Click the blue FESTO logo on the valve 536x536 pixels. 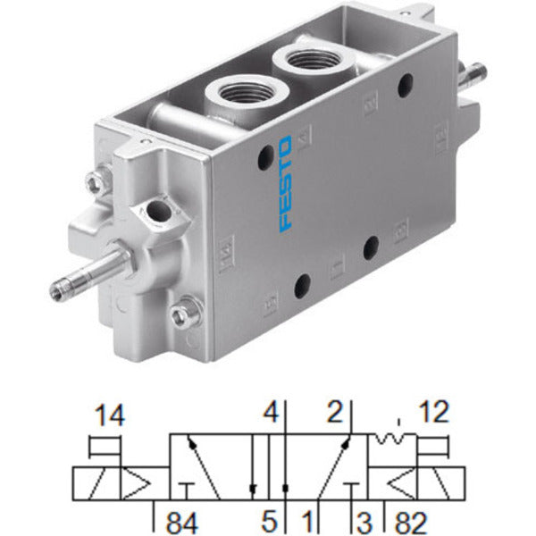[x=286, y=184]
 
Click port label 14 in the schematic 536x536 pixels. [x=110, y=415]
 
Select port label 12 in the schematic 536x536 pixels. [x=434, y=412]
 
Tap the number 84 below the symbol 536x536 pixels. [x=182, y=523]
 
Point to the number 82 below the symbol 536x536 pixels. [x=411, y=523]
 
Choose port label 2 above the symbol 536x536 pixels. [x=335, y=412]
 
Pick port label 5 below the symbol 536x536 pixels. [x=270, y=522]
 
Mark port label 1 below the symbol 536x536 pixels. [x=308, y=522]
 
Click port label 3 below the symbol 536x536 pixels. [x=364, y=523]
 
